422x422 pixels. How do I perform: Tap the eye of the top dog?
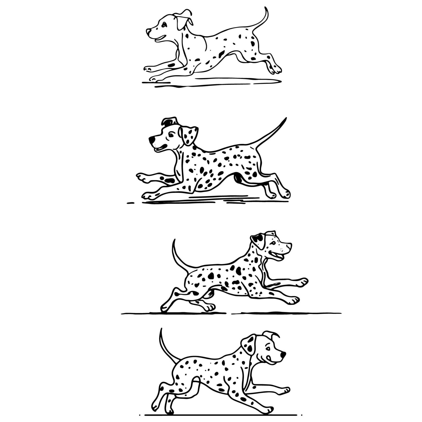(x=164, y=25)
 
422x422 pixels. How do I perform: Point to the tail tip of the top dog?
(x=266, y=8)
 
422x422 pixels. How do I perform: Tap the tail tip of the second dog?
(x=286, y=119)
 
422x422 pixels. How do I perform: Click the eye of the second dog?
(x=171, y=134)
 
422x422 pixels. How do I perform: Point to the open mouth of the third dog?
(x=276, y=256)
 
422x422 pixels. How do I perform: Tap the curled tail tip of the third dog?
(x=174, y=241)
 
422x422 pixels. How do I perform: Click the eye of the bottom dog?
(x=268, y=349)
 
